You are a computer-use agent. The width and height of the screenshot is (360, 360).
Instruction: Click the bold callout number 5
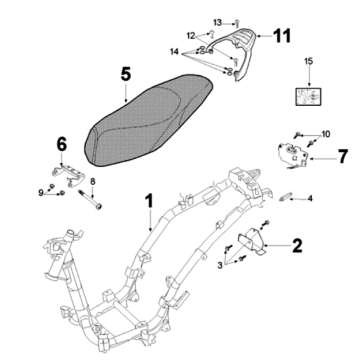(x=126, y=74)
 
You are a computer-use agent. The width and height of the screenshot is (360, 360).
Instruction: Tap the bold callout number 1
(x=149, y=201)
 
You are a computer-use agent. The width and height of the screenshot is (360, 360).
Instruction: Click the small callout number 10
(x=325, y=133)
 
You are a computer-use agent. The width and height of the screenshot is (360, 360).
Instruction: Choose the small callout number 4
(x=310, y=198)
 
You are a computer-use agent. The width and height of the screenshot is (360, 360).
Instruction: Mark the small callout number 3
(x=220, y=265)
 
